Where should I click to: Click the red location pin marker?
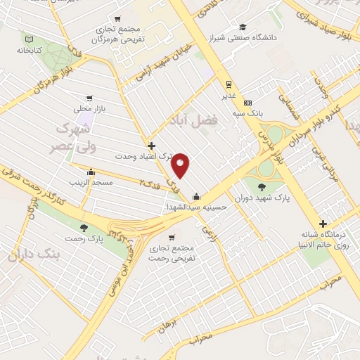pos(181,165)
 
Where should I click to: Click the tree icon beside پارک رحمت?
pos(84,228)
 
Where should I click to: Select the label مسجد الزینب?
pos(90,183)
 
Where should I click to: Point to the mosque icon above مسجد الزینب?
pos(90,172)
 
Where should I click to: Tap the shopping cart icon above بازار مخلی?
pos(89,98)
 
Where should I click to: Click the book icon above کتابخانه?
pos(28,39)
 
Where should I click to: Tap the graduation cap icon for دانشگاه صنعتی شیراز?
pos(243,25)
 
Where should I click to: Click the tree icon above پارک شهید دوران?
pos(262,186)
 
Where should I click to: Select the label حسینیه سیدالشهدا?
pos(195,207)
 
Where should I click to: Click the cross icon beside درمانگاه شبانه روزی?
pos(322,223)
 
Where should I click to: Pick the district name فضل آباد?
pos(194,122)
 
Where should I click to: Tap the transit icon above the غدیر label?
pos(229,82)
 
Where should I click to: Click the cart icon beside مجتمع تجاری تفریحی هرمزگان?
pos(117,20)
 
